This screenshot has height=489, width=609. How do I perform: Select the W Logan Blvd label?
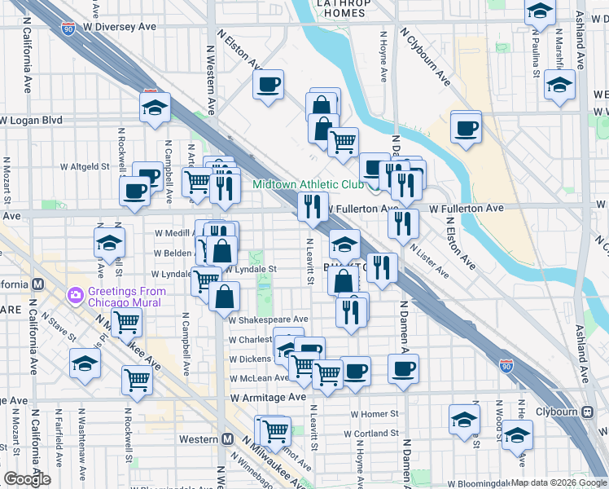coord(32,121)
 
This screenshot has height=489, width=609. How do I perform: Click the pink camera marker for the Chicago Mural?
coord(76,294)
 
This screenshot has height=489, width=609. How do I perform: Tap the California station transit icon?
coord(37,284)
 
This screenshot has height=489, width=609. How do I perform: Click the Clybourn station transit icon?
coord(587,412)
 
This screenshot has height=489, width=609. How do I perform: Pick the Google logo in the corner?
coord(27,479)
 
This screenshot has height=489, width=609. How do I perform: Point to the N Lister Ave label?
coord(429,261)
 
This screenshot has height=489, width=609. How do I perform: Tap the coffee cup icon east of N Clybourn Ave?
coord(466,130)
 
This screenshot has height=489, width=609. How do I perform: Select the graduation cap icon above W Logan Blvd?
coord(154,108)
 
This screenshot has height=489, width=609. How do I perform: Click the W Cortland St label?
coord(370,434)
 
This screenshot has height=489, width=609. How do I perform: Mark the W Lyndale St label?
coord(252,268)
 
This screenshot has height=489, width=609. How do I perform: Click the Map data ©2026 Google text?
coord(559,482)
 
